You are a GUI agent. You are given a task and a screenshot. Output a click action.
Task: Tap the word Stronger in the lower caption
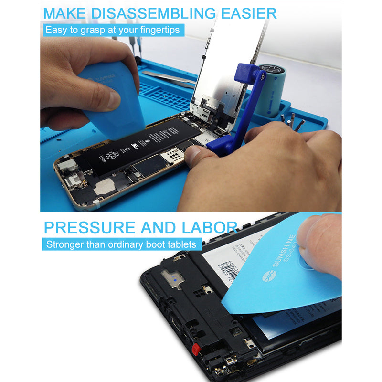point(64,244)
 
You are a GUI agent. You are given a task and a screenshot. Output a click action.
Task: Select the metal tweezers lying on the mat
point(167,79)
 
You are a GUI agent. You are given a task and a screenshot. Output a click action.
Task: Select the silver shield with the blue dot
point(173,278)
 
